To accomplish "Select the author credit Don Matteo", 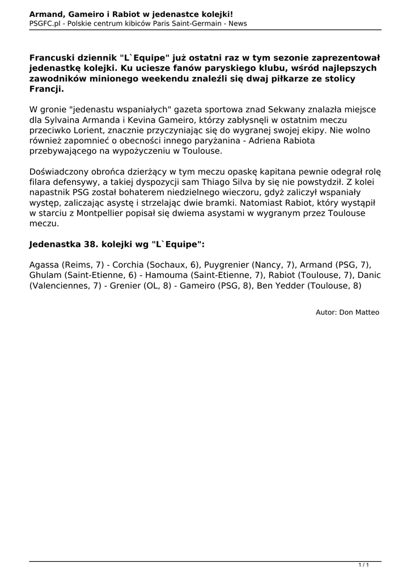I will (359, 312).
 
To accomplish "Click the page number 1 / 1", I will (364, 565).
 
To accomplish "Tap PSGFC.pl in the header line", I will (45, 24).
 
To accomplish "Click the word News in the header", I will (235, 24).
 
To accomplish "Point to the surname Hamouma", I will (168, 275).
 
